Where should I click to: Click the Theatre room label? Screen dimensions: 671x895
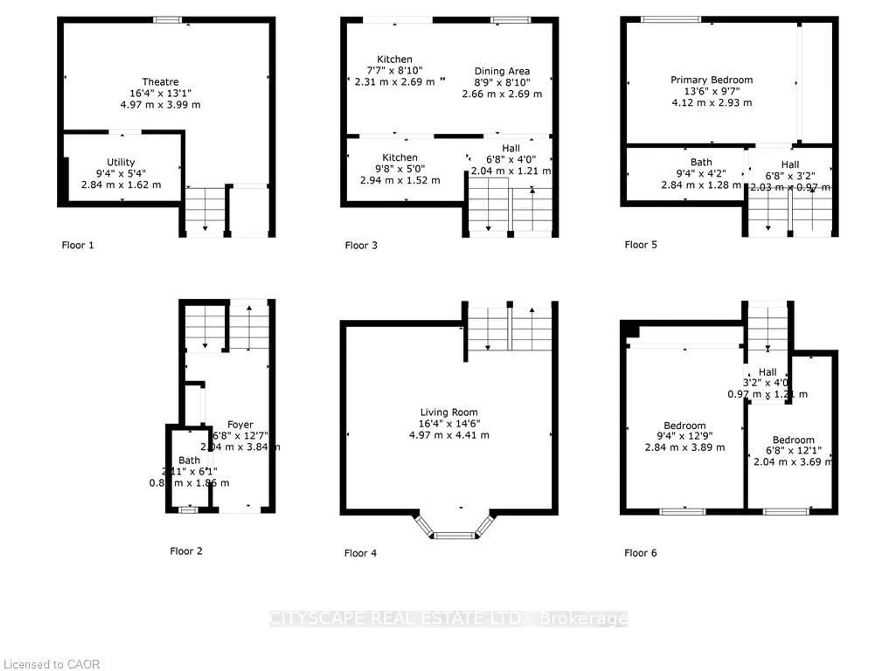(160, 82)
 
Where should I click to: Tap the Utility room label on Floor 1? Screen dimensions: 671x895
(120, 162)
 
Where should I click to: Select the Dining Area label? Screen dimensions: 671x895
(502, 71)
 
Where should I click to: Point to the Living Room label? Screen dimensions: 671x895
(449, 412)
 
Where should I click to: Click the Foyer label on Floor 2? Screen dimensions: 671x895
(240, 424)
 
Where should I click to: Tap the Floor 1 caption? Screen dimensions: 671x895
(78, 245)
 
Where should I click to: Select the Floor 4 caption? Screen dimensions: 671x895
(360, 553)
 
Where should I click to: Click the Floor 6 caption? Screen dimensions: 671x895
(640, 553)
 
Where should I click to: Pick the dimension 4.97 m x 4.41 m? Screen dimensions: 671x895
(449, 435)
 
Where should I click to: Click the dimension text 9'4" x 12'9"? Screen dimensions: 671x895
(684, 436)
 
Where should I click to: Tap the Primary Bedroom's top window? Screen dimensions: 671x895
(671, 19)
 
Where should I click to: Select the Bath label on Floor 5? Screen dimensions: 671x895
(701, 162)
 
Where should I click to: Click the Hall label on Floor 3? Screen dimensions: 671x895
(511, 148)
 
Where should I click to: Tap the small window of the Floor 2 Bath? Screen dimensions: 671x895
(188, 510)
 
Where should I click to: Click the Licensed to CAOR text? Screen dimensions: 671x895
(51, 664)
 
